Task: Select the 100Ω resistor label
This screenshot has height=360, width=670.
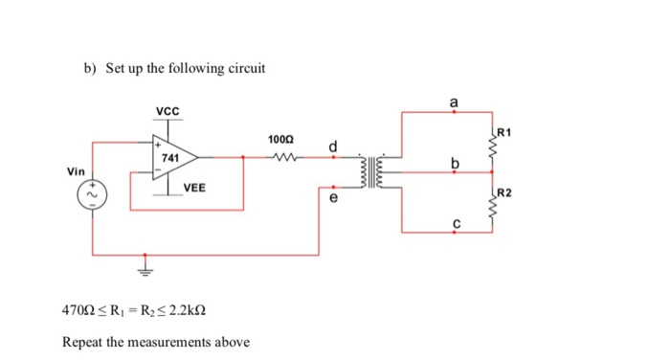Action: click(283, 141)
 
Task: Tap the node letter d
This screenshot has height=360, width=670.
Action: click(332, 146)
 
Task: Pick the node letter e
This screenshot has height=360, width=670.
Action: click(333, 199)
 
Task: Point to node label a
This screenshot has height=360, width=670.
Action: click(454, 100)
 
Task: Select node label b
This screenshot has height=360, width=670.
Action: click(456, 164)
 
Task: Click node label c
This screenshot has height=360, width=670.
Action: click(456, 223)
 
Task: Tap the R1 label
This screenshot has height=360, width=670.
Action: click(506, 131)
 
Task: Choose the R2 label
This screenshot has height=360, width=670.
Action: click(506, 193)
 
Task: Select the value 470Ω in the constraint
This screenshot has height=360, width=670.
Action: click(78, 311)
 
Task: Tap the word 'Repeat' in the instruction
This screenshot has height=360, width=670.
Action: click(82, 342)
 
